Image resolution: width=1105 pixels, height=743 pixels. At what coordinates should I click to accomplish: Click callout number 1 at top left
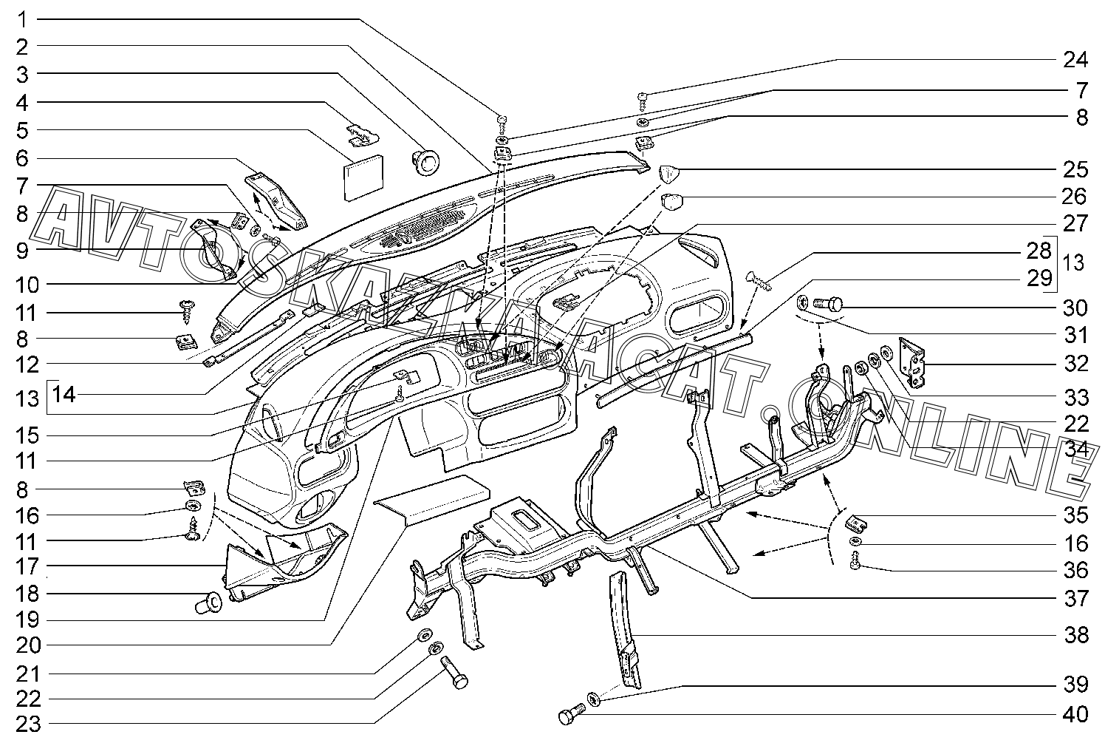22,20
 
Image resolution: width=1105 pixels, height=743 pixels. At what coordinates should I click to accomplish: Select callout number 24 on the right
1075,60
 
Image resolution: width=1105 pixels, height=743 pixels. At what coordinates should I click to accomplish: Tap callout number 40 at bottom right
1075,714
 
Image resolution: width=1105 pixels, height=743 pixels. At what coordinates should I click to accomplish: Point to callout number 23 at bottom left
29,725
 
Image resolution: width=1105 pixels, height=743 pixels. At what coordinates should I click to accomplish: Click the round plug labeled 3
425,160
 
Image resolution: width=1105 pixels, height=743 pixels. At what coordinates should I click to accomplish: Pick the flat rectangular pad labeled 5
363,177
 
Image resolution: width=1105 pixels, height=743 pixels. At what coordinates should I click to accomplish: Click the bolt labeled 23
455,672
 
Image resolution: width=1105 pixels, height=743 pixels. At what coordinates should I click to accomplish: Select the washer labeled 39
595,699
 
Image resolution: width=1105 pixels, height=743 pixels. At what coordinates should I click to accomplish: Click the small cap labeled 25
669,174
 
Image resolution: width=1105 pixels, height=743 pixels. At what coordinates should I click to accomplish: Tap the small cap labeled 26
671,202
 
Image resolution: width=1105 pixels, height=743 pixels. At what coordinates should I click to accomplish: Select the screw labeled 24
642,101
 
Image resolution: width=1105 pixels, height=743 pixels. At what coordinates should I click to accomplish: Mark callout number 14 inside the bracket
64,395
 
